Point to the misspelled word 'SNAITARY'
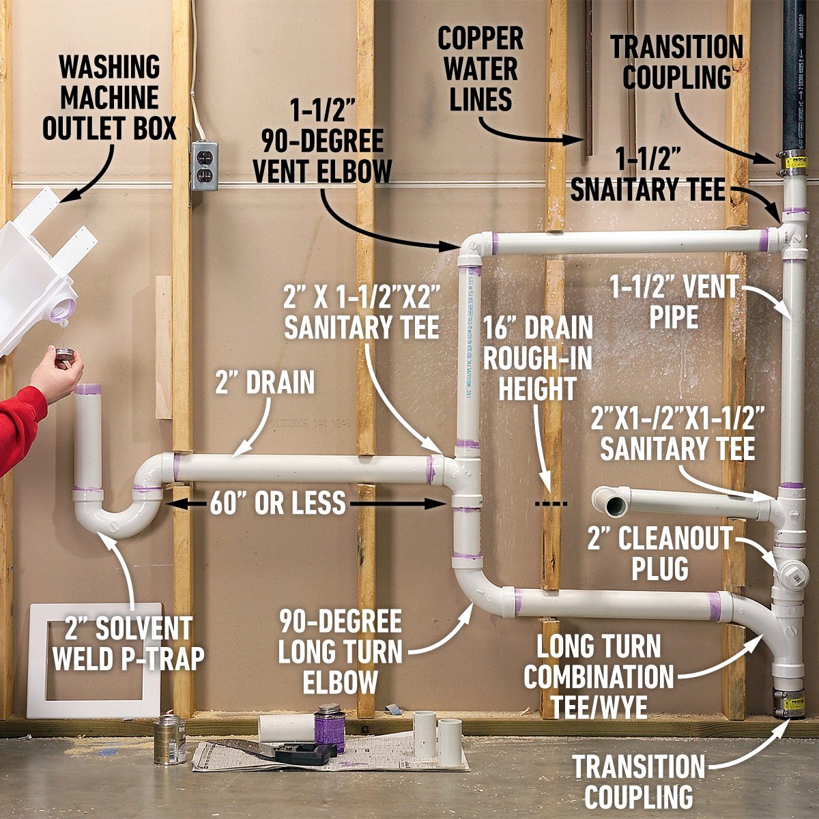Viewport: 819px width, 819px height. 618,189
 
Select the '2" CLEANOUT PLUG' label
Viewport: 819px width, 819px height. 659,553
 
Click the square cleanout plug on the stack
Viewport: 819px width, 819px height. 793,575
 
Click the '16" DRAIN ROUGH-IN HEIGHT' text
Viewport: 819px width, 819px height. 538,358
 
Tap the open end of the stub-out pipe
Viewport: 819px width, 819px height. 611,506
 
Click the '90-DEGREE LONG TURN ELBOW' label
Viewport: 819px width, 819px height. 340,651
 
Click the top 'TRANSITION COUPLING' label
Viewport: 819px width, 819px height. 676,61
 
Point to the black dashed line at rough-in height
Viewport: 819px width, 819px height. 551,504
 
